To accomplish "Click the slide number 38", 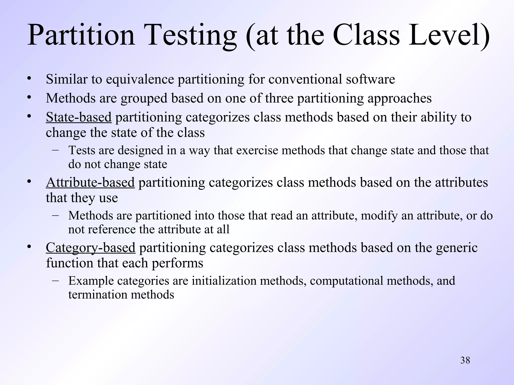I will click(x=465, y=360).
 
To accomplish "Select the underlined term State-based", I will click(x=79, y=117).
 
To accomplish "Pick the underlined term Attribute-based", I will click(x=90, y=182).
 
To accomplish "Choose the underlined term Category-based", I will click(x=90, y=247).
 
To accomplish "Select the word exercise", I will click(x=257, y=150).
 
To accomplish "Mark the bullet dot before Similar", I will click(x=29, y=78).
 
